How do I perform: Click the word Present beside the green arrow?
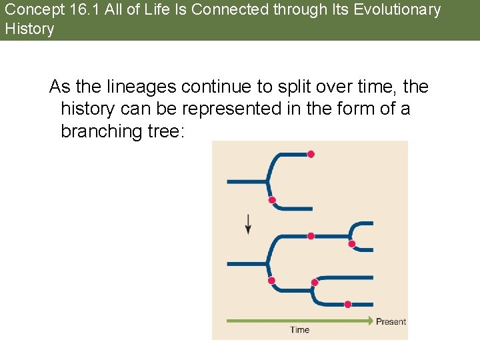(391, 321)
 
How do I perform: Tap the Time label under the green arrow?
(300, 329)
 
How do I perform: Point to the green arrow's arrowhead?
(371, 321)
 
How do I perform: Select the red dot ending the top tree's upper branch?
(311, 154)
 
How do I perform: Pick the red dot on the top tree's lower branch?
(271, 200)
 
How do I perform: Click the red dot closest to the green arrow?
(347, 305)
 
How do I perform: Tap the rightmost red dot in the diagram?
(352, 244)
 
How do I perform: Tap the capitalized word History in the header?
(29, 29)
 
